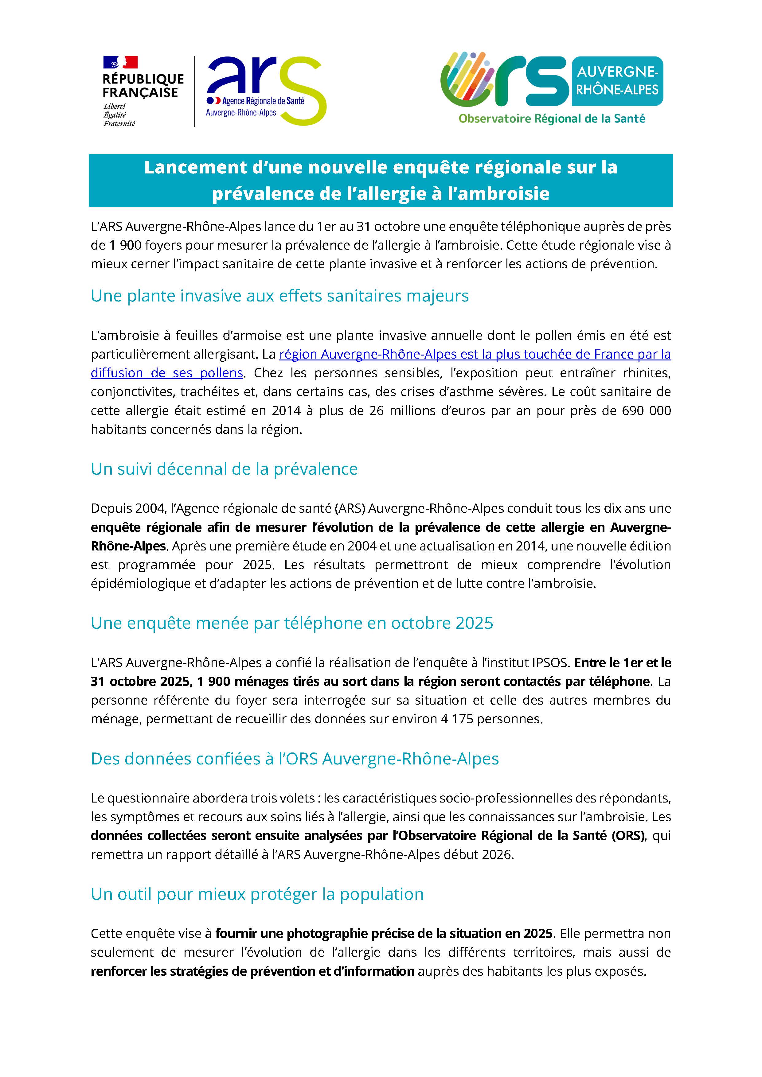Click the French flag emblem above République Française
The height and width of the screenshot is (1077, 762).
tap(120, 62)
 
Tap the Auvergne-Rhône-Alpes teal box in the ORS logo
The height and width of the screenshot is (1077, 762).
tap(617, 81)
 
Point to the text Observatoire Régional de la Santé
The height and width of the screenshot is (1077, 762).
tap(552, 119)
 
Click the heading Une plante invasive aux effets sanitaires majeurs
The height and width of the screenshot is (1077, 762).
tap(280, 296)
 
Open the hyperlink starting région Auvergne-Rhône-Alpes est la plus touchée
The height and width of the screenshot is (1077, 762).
tap(475, 354)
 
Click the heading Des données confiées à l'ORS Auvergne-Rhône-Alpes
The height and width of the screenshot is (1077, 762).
tap(295, 759)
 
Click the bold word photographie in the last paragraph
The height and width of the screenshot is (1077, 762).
tap(326, 933)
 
